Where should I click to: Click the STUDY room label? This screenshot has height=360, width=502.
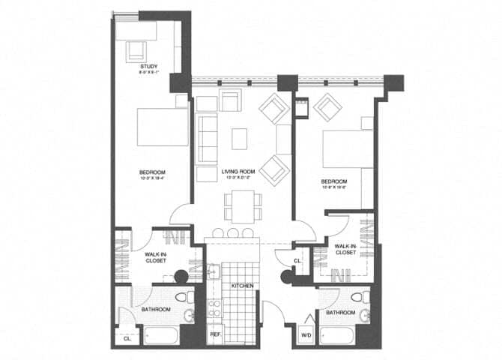[x=148, y=68]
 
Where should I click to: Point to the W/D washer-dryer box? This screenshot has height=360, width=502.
[x=306, y=334]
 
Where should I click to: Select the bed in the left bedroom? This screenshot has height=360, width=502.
[x=162, y=127]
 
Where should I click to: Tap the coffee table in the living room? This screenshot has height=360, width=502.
[x=239, y=139]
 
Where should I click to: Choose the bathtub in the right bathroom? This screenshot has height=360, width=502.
[x=342, y=335]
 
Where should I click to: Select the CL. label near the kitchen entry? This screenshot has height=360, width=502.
[x=297, y=260]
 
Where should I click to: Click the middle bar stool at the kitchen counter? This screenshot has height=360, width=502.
[x=232, y=233]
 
